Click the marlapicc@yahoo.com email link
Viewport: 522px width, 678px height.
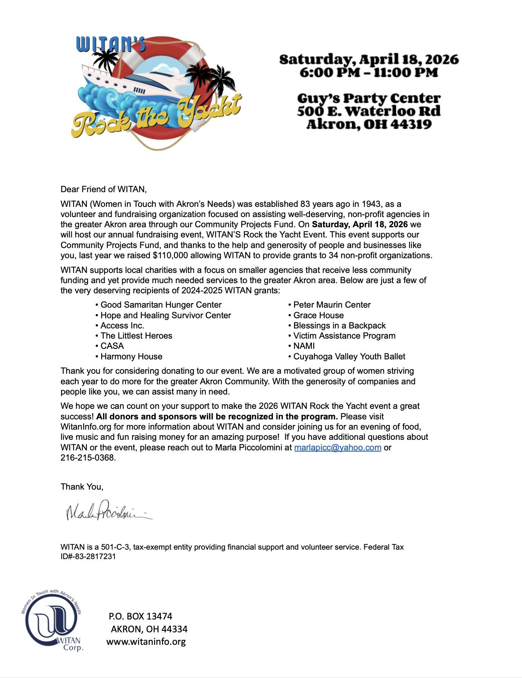337,447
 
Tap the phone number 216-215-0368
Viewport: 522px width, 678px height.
88,458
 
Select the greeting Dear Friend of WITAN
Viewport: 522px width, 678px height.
103,189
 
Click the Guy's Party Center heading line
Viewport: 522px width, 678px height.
369,99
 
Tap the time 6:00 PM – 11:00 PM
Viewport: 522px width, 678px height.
369,72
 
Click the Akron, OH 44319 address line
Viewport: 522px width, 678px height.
369,124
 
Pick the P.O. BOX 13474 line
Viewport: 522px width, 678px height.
140,616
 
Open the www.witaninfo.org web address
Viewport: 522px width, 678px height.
146,641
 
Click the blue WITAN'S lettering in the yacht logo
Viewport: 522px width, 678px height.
110,45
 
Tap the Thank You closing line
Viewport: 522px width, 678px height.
82,487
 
